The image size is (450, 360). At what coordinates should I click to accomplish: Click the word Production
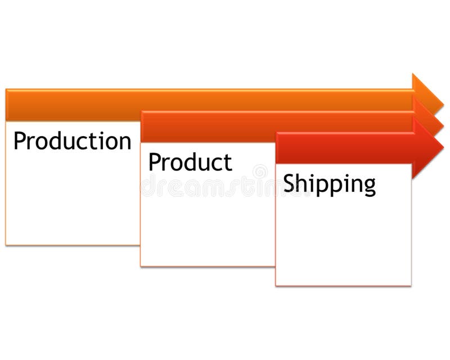coord(72,141)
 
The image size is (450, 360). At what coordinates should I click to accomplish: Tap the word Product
coord(190,163)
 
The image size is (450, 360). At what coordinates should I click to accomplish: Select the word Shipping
coord(329,184)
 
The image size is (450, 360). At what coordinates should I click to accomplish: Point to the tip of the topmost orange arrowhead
coord(443,105)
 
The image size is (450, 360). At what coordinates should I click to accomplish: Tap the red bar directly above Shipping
coord(343,148)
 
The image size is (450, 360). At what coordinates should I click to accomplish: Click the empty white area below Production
coord(72,202)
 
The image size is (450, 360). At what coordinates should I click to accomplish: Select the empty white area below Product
coord(207,225)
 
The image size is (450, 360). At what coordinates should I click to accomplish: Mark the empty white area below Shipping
coord(343,242)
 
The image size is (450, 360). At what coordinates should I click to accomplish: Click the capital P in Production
coord(20,141)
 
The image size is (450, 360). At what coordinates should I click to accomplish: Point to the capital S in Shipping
coord(289,183)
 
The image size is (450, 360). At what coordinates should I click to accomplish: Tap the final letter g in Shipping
coord(370,187)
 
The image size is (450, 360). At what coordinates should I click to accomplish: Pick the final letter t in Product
coord(227,163)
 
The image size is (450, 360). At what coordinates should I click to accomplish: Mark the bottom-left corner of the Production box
coord(6,245)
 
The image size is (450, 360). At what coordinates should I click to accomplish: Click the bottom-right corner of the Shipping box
coord(411,285)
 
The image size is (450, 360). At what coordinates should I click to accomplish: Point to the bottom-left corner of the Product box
coord(141,265)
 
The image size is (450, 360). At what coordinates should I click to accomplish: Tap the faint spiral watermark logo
coord(260,172)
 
